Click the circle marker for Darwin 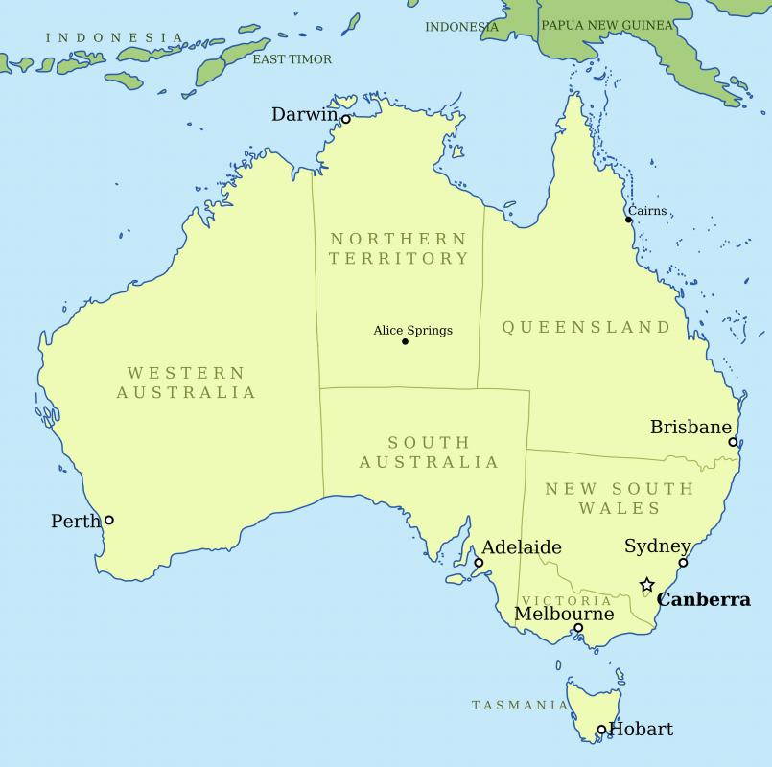(346, 120)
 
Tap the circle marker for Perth (108, 520)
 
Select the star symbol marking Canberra (647, 585)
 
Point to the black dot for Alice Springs (405, 341)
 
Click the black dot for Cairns (629, 221)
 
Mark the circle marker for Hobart (601, 730)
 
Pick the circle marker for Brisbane (733, 442)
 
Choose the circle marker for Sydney (683, 563)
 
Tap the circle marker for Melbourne (578, 629)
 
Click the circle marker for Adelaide (479, 563)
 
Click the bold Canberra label (704, 600)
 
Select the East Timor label (292, 59)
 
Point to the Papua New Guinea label (607, 26)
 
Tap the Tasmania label (520, 706)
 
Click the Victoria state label (567, 600)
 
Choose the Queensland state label (587, 327)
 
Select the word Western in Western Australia (186, 372)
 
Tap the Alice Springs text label (412, 331)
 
